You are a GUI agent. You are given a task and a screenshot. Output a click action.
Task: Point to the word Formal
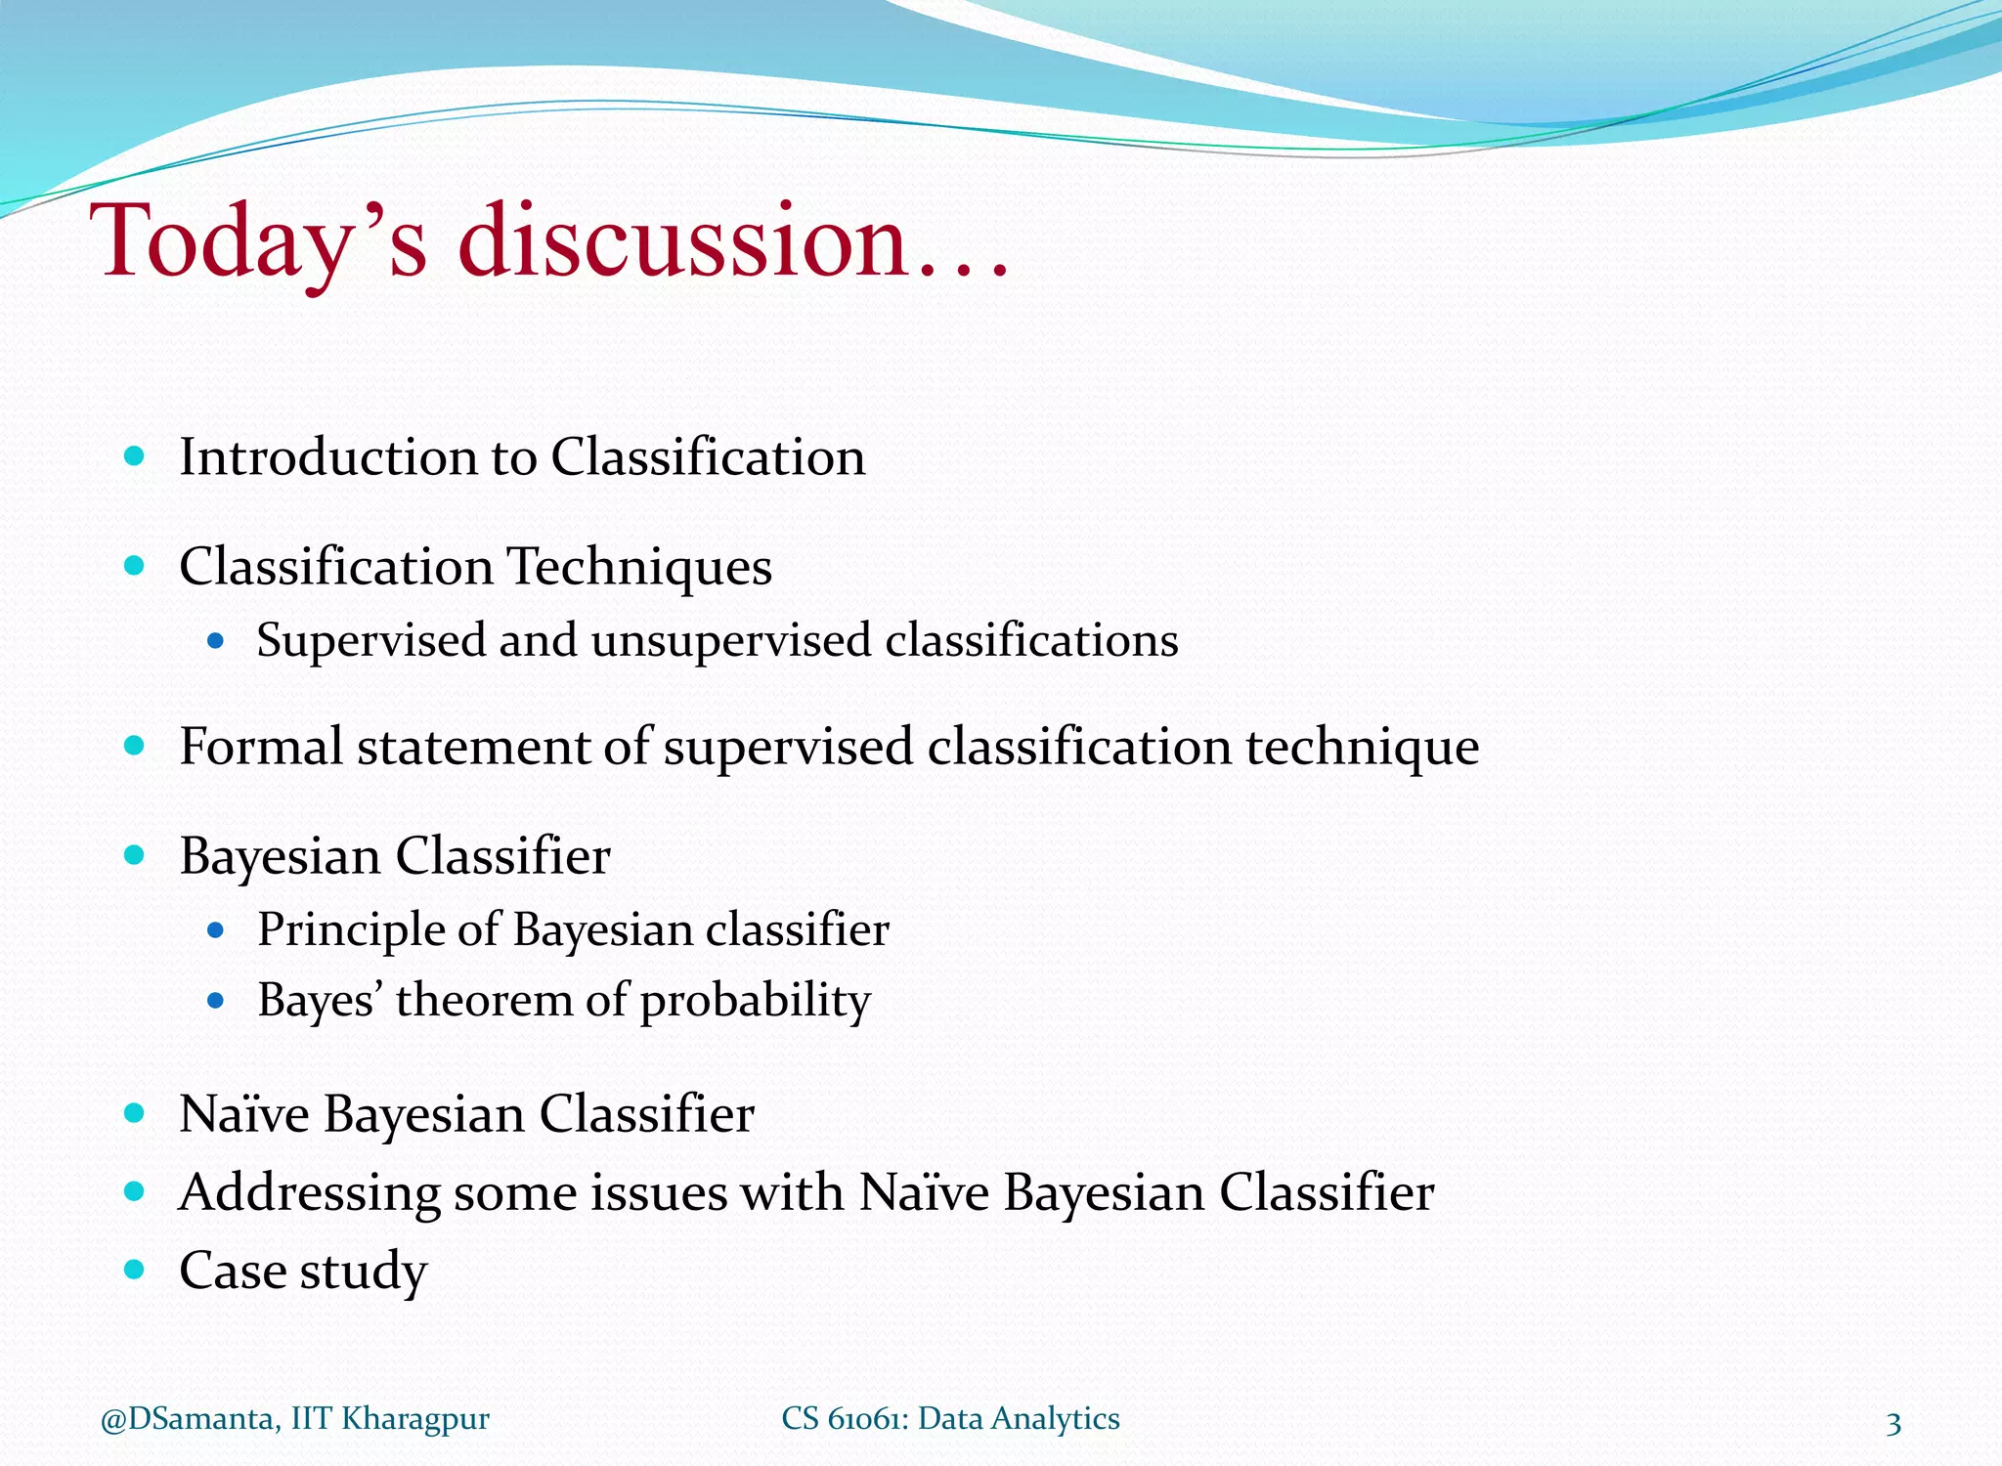pos(261,747)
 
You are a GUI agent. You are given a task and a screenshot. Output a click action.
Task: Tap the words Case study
pos(303,1272)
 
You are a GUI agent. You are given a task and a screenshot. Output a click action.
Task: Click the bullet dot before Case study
pos(135,1270)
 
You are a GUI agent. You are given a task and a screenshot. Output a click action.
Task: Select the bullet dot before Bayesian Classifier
pos(135,855)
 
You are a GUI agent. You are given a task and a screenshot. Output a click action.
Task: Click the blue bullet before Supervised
pos(216,641)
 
